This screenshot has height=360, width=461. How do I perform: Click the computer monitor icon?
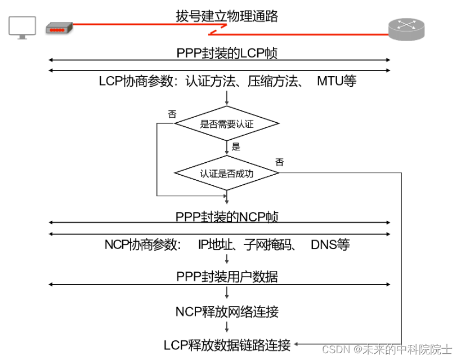click(23, 27)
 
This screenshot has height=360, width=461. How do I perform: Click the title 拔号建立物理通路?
click(226, 16)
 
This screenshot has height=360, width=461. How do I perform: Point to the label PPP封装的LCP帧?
click(226, 53)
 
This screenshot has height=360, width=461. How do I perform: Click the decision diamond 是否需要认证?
click(226, 123)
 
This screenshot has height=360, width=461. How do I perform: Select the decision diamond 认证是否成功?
click(226, 173)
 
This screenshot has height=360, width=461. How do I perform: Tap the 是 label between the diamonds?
click(236, 147)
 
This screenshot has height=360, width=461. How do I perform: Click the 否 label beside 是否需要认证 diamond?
click(172, 114)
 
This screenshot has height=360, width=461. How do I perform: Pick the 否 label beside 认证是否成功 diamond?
click(280, 162)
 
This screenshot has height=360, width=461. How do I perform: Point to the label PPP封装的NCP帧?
click(226, 216)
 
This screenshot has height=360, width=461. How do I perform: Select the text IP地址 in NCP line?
click(215, 245)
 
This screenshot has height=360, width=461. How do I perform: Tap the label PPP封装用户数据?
click(226, 277)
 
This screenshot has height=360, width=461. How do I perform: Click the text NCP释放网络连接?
click(226, 312)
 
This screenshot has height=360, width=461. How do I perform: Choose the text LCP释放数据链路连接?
click(227, 344)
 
